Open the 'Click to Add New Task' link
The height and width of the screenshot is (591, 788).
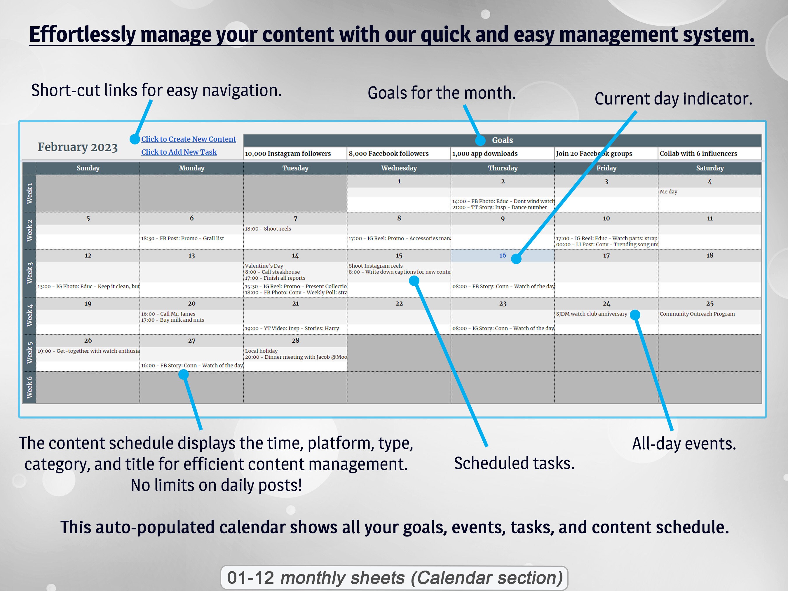pos(179,152)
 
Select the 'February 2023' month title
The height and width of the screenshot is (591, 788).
pos(78,147)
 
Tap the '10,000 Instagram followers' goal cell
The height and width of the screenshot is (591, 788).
pos(288,154)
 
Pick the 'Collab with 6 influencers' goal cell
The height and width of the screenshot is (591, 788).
pos(698,154)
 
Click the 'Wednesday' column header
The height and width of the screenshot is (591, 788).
pos(399,168)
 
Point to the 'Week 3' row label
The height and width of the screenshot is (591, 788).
pos(29,273)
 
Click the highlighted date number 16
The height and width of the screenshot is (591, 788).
pos(502,255)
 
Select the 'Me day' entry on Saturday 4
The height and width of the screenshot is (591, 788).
pos(668,192)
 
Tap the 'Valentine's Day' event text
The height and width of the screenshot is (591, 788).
pos(264,266)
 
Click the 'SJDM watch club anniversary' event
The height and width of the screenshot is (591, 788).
pos(591,314)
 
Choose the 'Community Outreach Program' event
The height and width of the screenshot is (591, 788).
pos(697,314)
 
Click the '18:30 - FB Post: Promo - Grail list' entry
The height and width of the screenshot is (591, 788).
pos(182,238)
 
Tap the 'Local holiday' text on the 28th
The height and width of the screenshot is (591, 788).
pos(261,351)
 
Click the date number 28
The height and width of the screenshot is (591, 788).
pos(295,340)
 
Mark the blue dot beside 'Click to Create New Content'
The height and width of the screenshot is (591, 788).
pos(135,139)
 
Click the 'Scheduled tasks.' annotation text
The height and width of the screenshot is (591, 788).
pos(514,463)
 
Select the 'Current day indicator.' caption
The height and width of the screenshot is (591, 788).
pos(673,99)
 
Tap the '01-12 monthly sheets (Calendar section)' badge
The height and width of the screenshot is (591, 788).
pos(394,578)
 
